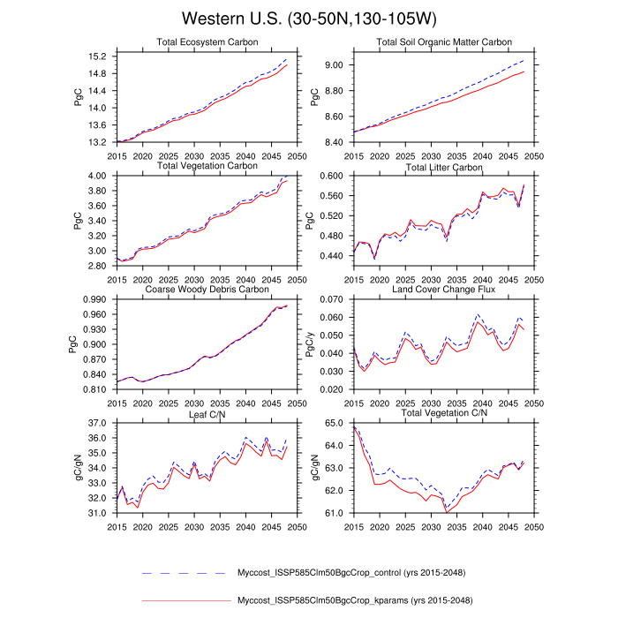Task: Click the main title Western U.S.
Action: tap(308, 19)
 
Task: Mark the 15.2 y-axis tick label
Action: tap(98, 57)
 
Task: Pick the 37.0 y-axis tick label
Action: tap(98, 424)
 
